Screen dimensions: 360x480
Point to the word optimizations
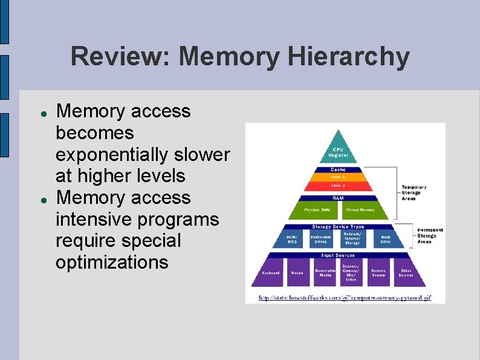(x=112, y=262)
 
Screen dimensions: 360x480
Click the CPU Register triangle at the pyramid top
(x=338, y=151)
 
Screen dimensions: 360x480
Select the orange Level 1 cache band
(x=338, y=178)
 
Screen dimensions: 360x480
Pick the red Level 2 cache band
(x=338, y=186)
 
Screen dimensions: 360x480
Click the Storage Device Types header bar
(x=338, y=227)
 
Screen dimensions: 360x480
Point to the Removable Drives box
(x=320, y=240)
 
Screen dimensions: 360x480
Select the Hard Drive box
(x=385, y=240)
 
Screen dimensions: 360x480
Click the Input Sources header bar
(x=338, y=255)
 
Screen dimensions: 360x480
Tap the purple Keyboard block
(x=270, y=273)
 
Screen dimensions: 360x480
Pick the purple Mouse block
(x=296, y=273)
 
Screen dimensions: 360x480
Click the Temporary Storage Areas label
(x=415, y=192)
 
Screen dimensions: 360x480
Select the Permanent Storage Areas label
(x=430, y=236)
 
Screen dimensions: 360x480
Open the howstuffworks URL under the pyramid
(x=345, y=298)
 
